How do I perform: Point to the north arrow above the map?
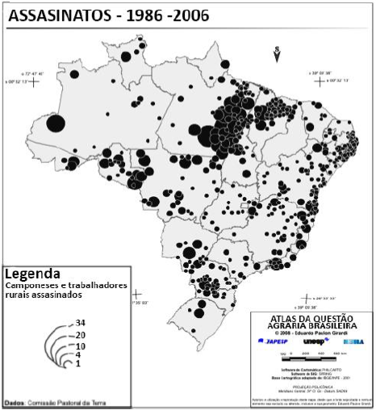[x=277, y=55]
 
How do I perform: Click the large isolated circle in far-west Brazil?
[x=56, y=123]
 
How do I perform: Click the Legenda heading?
[x=31, y=272]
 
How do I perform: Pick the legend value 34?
[x=81, y=323]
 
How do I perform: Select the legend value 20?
[x=81, y=334]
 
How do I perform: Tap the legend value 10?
[x=81, y=345]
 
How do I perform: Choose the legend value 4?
[x=78, y=354]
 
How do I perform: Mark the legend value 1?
[x=78, y=364]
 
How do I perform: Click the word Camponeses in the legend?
[x=30, y=285]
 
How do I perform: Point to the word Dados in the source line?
[x=15, y=401]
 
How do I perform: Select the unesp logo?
[x=314, y=341]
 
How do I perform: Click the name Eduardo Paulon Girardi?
[x=326, y=332]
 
